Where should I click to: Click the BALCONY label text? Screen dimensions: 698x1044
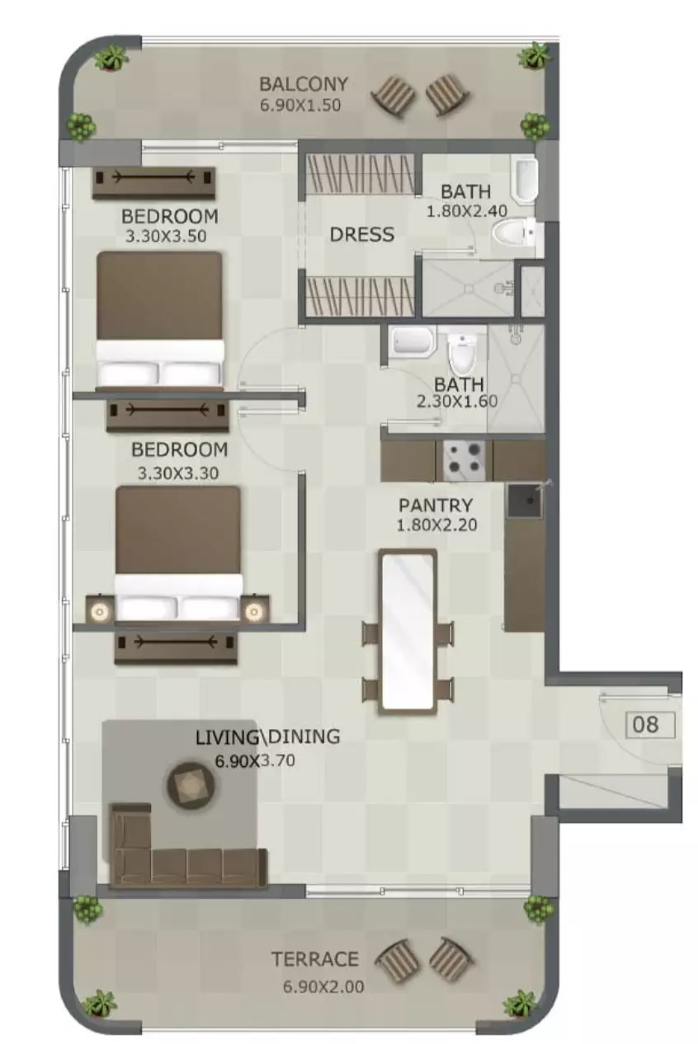point(303,84)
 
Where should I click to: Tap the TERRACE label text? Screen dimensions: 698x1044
point(314,959)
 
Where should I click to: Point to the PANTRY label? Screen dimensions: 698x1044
point(436,506)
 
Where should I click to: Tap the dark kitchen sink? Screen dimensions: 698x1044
point(525,501)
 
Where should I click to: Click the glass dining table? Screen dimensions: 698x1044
point(407,632)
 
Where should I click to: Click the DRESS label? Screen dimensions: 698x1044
point(362,234)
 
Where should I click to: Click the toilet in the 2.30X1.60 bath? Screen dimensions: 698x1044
point(462,355)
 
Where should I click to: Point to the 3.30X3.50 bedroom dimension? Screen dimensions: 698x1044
point(166,236)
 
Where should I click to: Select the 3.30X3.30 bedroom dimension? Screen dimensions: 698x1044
point(178,473)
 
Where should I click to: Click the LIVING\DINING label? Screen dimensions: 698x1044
point(267,736)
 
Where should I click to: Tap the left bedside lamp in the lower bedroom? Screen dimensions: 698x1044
point(99,610)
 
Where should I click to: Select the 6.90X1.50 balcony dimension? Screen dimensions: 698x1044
point(300,105)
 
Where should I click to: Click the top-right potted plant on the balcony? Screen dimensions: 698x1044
point(535,56)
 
